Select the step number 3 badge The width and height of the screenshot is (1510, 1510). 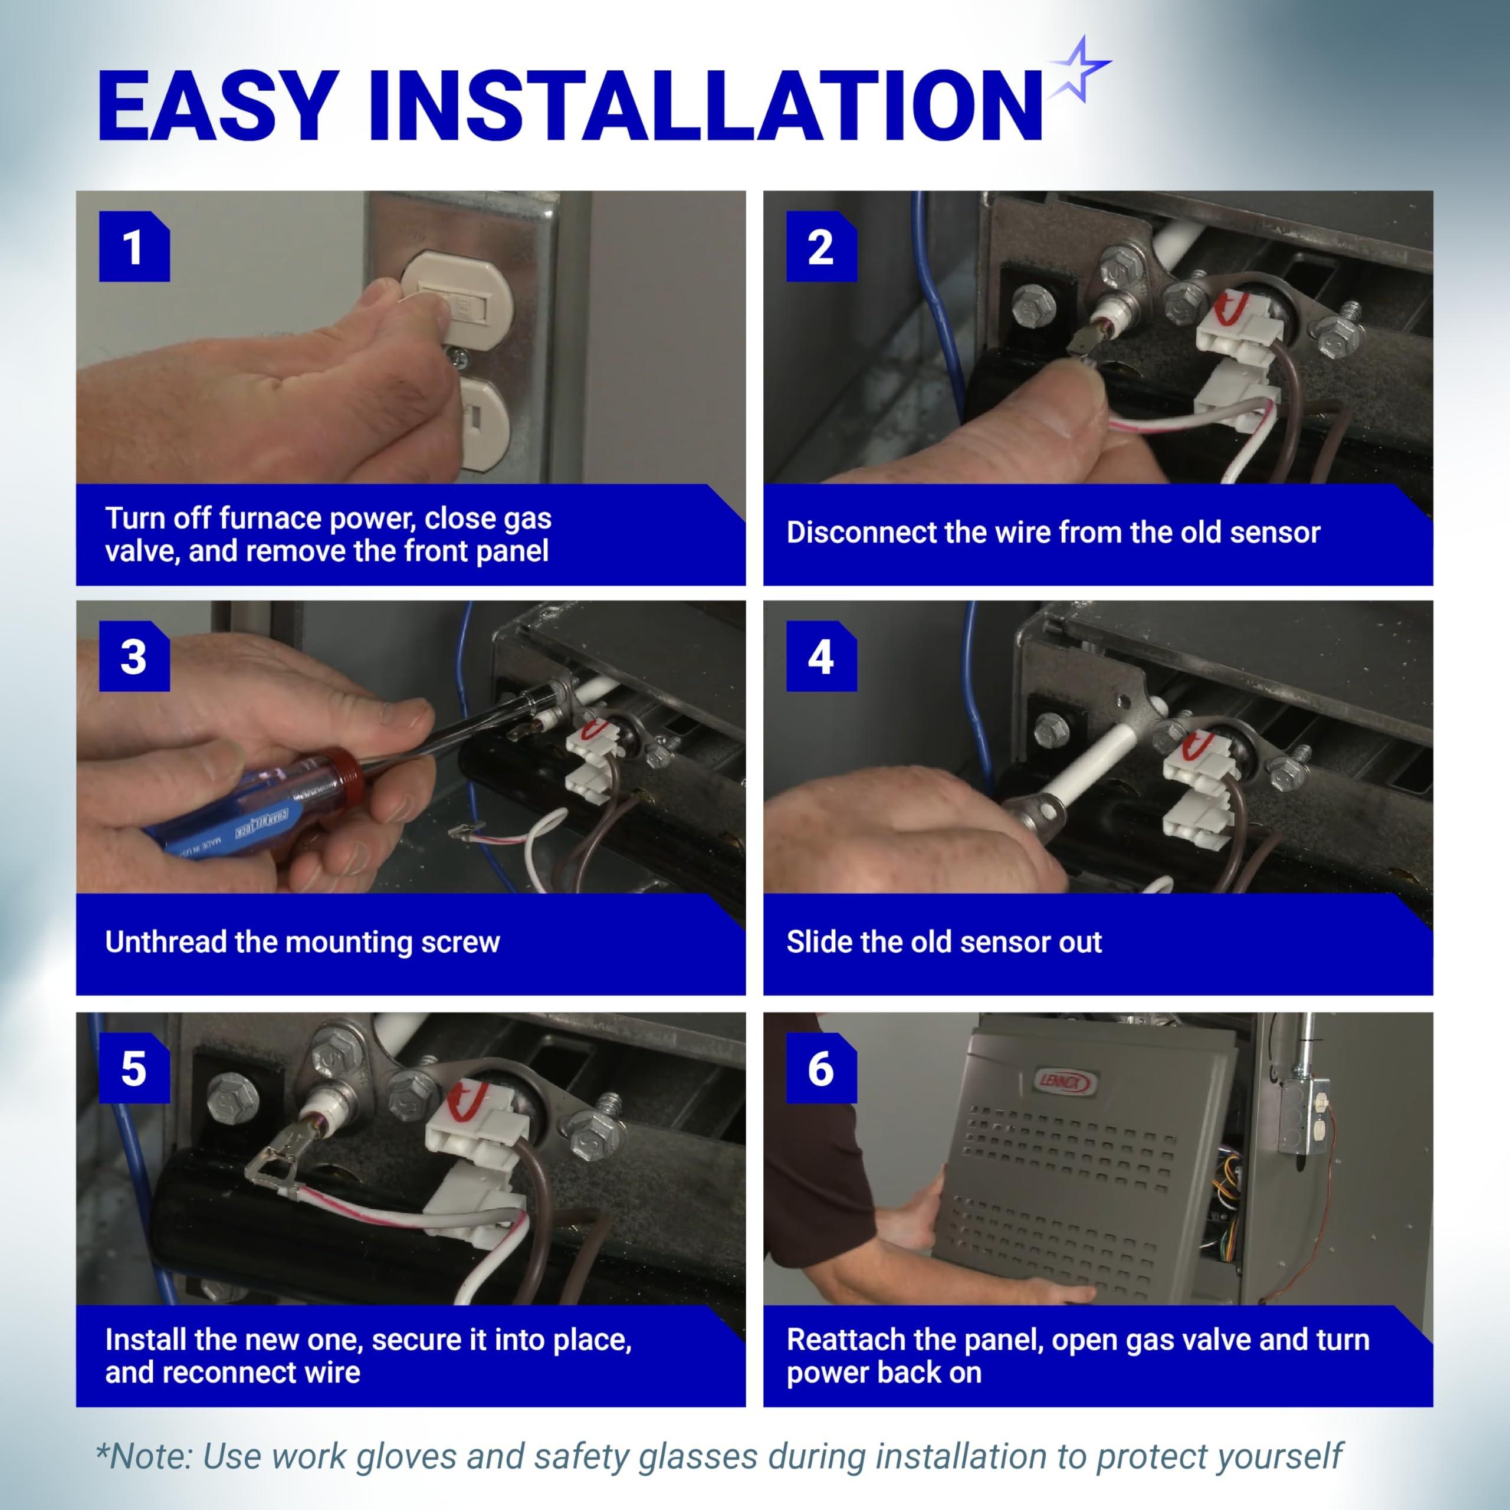(x=134, y=656)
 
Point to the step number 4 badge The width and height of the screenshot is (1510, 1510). (x=822, y=656)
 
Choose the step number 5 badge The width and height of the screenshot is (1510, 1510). (x=134, y=1068)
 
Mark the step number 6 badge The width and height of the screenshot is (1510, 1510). (x=822, y=1068)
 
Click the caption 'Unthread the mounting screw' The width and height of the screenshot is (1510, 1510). (x=303, y=943)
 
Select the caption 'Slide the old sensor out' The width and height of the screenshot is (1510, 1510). (x=944, y=943)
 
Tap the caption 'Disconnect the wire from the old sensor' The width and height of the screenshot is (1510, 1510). (x=1053, y=532)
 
